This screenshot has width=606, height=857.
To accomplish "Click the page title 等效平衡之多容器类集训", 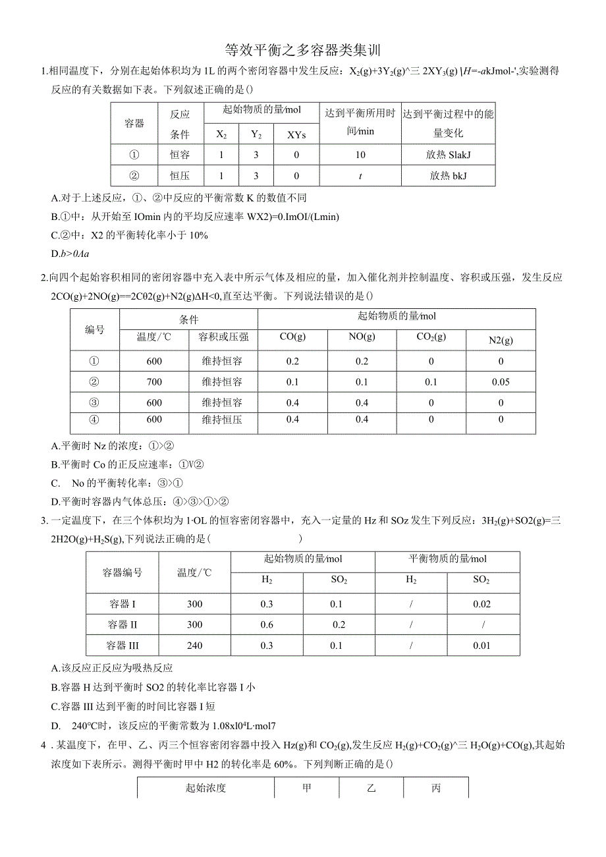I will click(303, 50).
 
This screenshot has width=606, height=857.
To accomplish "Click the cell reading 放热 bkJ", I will click(448, 176).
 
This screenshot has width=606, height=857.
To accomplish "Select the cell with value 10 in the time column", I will click(360, 155).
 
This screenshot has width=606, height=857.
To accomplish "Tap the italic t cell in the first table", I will click(360, 176).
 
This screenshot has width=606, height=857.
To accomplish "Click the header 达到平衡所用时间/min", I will click(360, 122).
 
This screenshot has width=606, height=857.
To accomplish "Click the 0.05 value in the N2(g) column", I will click(501, 382).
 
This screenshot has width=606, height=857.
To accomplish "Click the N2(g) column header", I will click(501, 340).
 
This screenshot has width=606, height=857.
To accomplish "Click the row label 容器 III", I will click(123, 646).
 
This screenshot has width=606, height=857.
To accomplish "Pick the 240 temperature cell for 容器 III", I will click(195, 646).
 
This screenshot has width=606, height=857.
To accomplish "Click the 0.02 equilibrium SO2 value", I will click(482, 604).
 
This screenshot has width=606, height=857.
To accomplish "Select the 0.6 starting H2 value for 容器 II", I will click(267, 624).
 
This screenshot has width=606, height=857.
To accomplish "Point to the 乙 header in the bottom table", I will click(371, 788).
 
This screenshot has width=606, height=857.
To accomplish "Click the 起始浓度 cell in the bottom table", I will click(206, 788).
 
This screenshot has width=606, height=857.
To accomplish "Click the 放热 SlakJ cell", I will click(448, 155).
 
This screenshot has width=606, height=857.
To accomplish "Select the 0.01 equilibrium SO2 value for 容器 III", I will click(482, 646).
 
